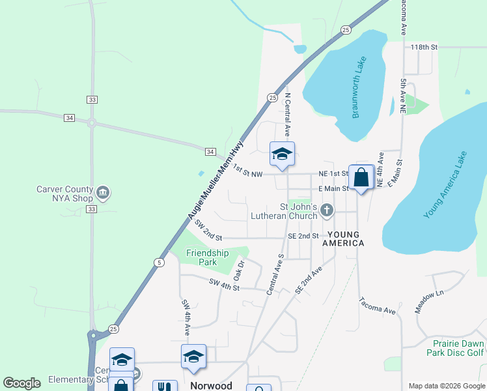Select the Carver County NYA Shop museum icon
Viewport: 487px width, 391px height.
[x=103, y=193]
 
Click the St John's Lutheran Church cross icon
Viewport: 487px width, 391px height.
[x=327, y=210]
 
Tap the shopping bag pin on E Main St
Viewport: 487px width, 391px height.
[x=361, y=177]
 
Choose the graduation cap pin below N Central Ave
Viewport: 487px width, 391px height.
[x=282, y=154]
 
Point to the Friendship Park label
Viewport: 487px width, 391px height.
[x=208, y=257]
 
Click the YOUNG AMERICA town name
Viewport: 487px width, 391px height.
[x=345, y=239]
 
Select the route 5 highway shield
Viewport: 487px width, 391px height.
[x=160, y=262]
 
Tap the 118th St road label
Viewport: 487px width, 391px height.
[x=424, y=48]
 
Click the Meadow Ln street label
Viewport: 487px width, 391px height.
[x=430, y=302]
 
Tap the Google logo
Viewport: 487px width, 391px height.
[x=21, y=383]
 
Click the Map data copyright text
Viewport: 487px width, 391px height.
[x=445, y=386]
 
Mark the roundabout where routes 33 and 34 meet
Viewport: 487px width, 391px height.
[x=92, y=123]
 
